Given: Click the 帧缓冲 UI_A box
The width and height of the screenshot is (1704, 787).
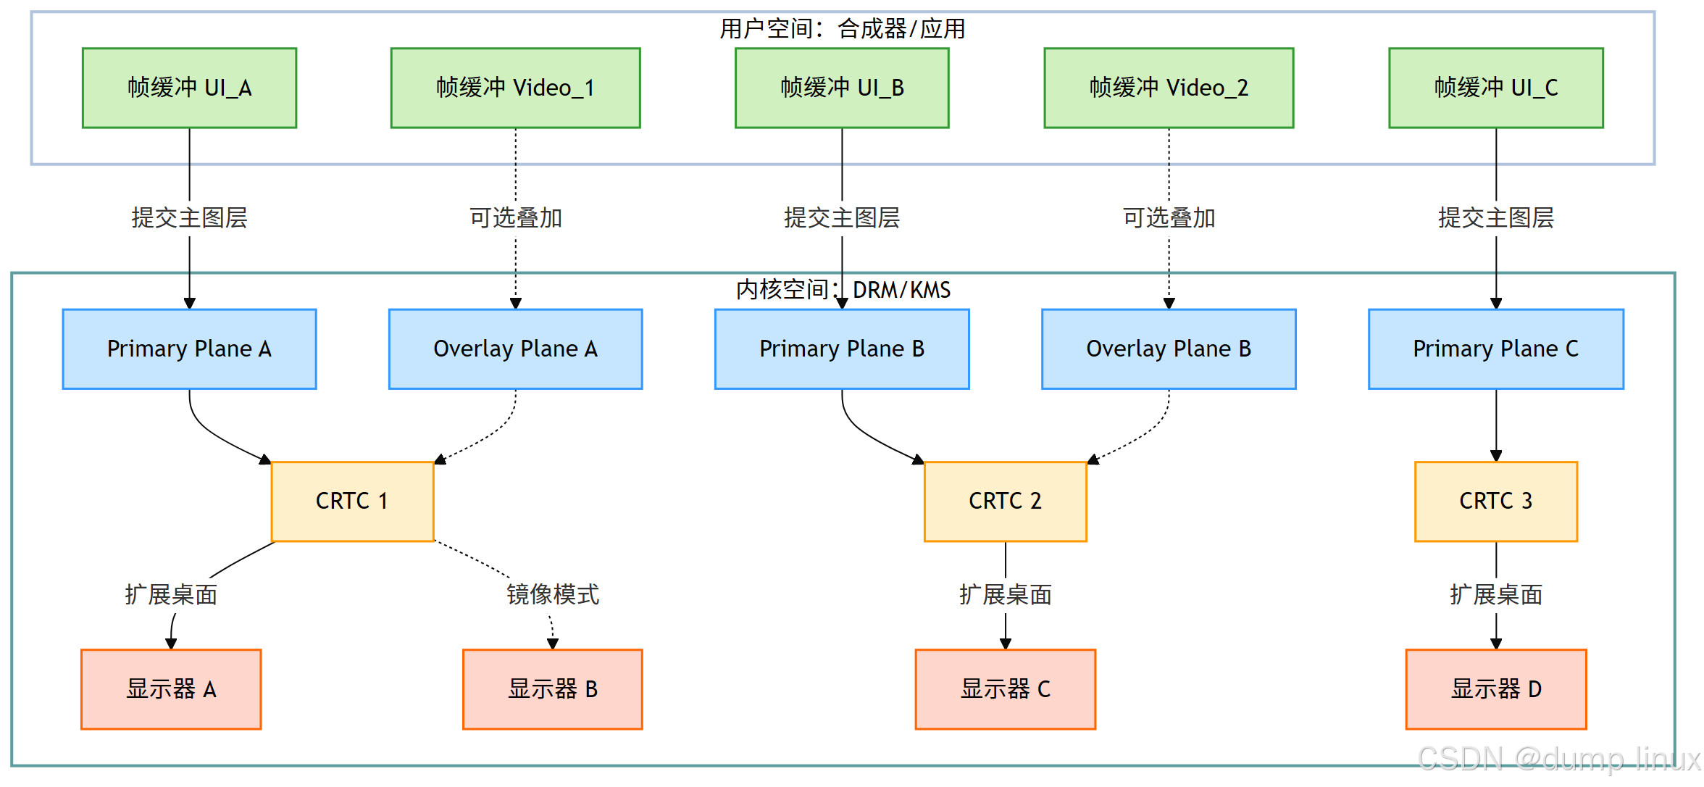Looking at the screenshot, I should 189,88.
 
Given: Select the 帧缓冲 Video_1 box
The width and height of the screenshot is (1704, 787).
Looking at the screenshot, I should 515,88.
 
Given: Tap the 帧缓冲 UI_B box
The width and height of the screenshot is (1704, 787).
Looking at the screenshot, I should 842,88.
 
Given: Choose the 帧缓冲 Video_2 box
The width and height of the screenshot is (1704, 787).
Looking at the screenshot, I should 1169,88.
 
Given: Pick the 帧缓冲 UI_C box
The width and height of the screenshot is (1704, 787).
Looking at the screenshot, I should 1495,88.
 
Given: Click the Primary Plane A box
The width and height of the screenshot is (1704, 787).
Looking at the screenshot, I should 189,349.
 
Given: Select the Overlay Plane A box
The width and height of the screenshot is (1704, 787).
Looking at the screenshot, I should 515,349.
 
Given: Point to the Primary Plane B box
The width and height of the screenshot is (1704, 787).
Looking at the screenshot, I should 842,349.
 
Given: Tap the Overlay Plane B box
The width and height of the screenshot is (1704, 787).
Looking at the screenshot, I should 1169,349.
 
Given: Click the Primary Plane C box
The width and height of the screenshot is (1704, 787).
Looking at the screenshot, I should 1495,349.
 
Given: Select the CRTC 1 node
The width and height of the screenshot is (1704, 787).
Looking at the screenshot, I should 352,501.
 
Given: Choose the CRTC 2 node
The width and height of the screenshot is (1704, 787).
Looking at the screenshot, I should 1005,501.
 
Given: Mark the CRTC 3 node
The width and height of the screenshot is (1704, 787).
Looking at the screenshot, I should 1495,501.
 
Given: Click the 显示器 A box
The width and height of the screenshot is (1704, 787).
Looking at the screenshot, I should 171,688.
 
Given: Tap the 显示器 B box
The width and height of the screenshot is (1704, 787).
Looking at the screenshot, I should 552,688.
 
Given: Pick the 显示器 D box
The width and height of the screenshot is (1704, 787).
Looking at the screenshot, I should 1495,688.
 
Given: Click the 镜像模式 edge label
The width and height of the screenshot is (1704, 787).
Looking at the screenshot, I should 552,594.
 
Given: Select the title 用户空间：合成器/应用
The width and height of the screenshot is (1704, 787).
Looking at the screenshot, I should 842,29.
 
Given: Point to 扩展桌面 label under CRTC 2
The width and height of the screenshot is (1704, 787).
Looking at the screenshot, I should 1005,594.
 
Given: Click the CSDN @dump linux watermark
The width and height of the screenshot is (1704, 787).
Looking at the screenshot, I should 1558,759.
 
